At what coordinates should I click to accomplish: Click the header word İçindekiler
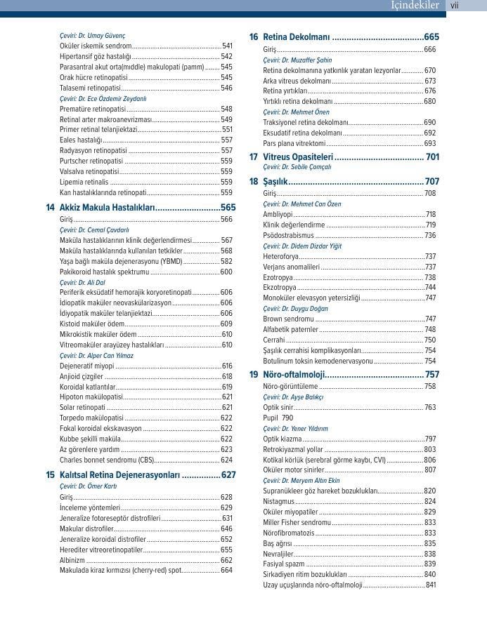point(415,6)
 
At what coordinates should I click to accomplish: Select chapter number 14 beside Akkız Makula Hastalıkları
point(51,208)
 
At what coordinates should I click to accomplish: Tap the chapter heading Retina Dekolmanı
point(297,37)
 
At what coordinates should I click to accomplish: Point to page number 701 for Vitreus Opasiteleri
point(432,157)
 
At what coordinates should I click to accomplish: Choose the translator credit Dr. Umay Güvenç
point(93,35)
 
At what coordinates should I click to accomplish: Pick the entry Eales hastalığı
point(82,140)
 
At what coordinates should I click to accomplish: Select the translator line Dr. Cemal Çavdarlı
point(94,230)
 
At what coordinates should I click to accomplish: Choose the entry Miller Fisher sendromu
point(297,522)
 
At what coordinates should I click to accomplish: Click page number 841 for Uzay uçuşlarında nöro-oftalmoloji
point(431,585)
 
